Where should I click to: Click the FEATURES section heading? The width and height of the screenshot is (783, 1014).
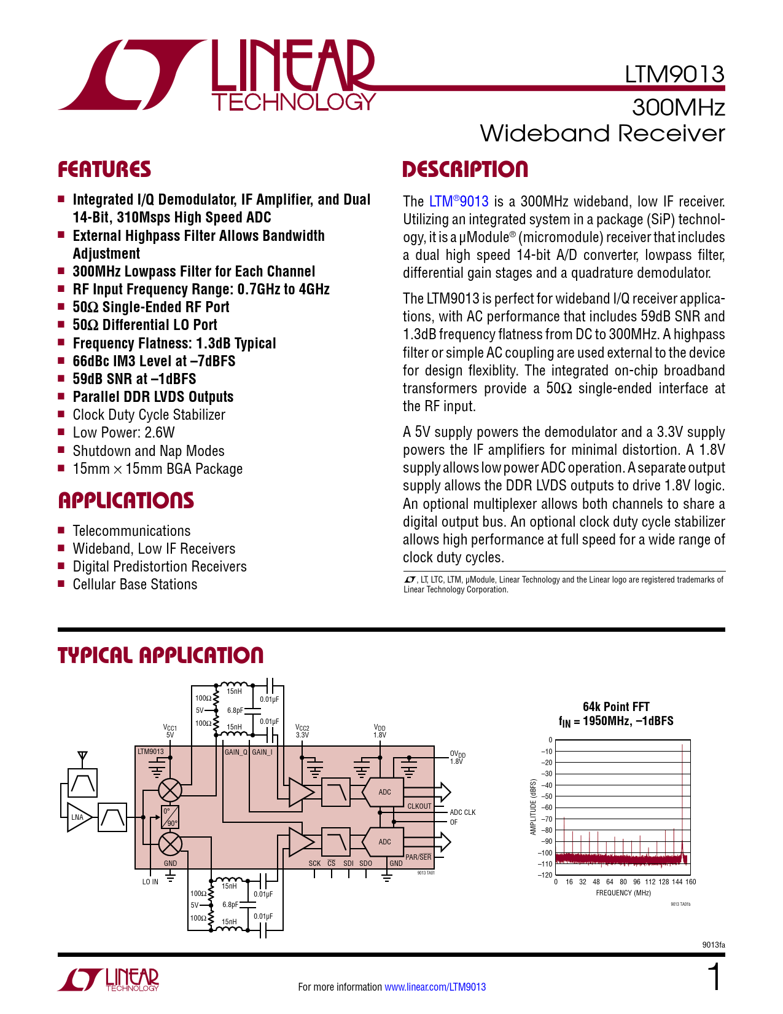tap(104, 170)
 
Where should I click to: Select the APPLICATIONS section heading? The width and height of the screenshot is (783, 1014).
tap(126, 501)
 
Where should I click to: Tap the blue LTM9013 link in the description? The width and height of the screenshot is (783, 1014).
tap(459, 202)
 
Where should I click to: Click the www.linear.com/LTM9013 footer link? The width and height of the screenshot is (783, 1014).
tap(435, 987)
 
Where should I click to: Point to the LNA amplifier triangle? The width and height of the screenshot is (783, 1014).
tap(79, 817)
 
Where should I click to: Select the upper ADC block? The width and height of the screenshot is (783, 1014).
tap(384, 792)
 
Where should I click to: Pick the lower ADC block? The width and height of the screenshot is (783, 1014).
tap(384, 842)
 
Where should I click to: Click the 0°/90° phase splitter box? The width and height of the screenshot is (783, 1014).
tap(170, 817)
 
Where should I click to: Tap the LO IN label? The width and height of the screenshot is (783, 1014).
tap(150, 882)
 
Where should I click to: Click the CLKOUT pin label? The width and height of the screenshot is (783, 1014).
tap(419, 806)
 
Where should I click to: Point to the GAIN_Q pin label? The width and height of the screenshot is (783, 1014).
tap(236, 752)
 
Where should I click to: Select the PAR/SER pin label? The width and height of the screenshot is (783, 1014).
tap(418, 857)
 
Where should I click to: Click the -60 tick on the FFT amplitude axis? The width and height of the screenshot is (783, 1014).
tap(546, 808)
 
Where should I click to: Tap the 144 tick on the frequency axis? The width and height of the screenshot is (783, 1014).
tap(677, 882)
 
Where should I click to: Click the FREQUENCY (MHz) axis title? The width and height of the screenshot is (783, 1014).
tap(623, 893)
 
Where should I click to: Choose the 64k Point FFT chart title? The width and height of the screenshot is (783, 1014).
tap(616, 707)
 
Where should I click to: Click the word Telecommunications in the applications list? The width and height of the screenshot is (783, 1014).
tap(131, 531)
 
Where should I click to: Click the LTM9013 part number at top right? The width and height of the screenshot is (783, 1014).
tap(674, 74)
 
